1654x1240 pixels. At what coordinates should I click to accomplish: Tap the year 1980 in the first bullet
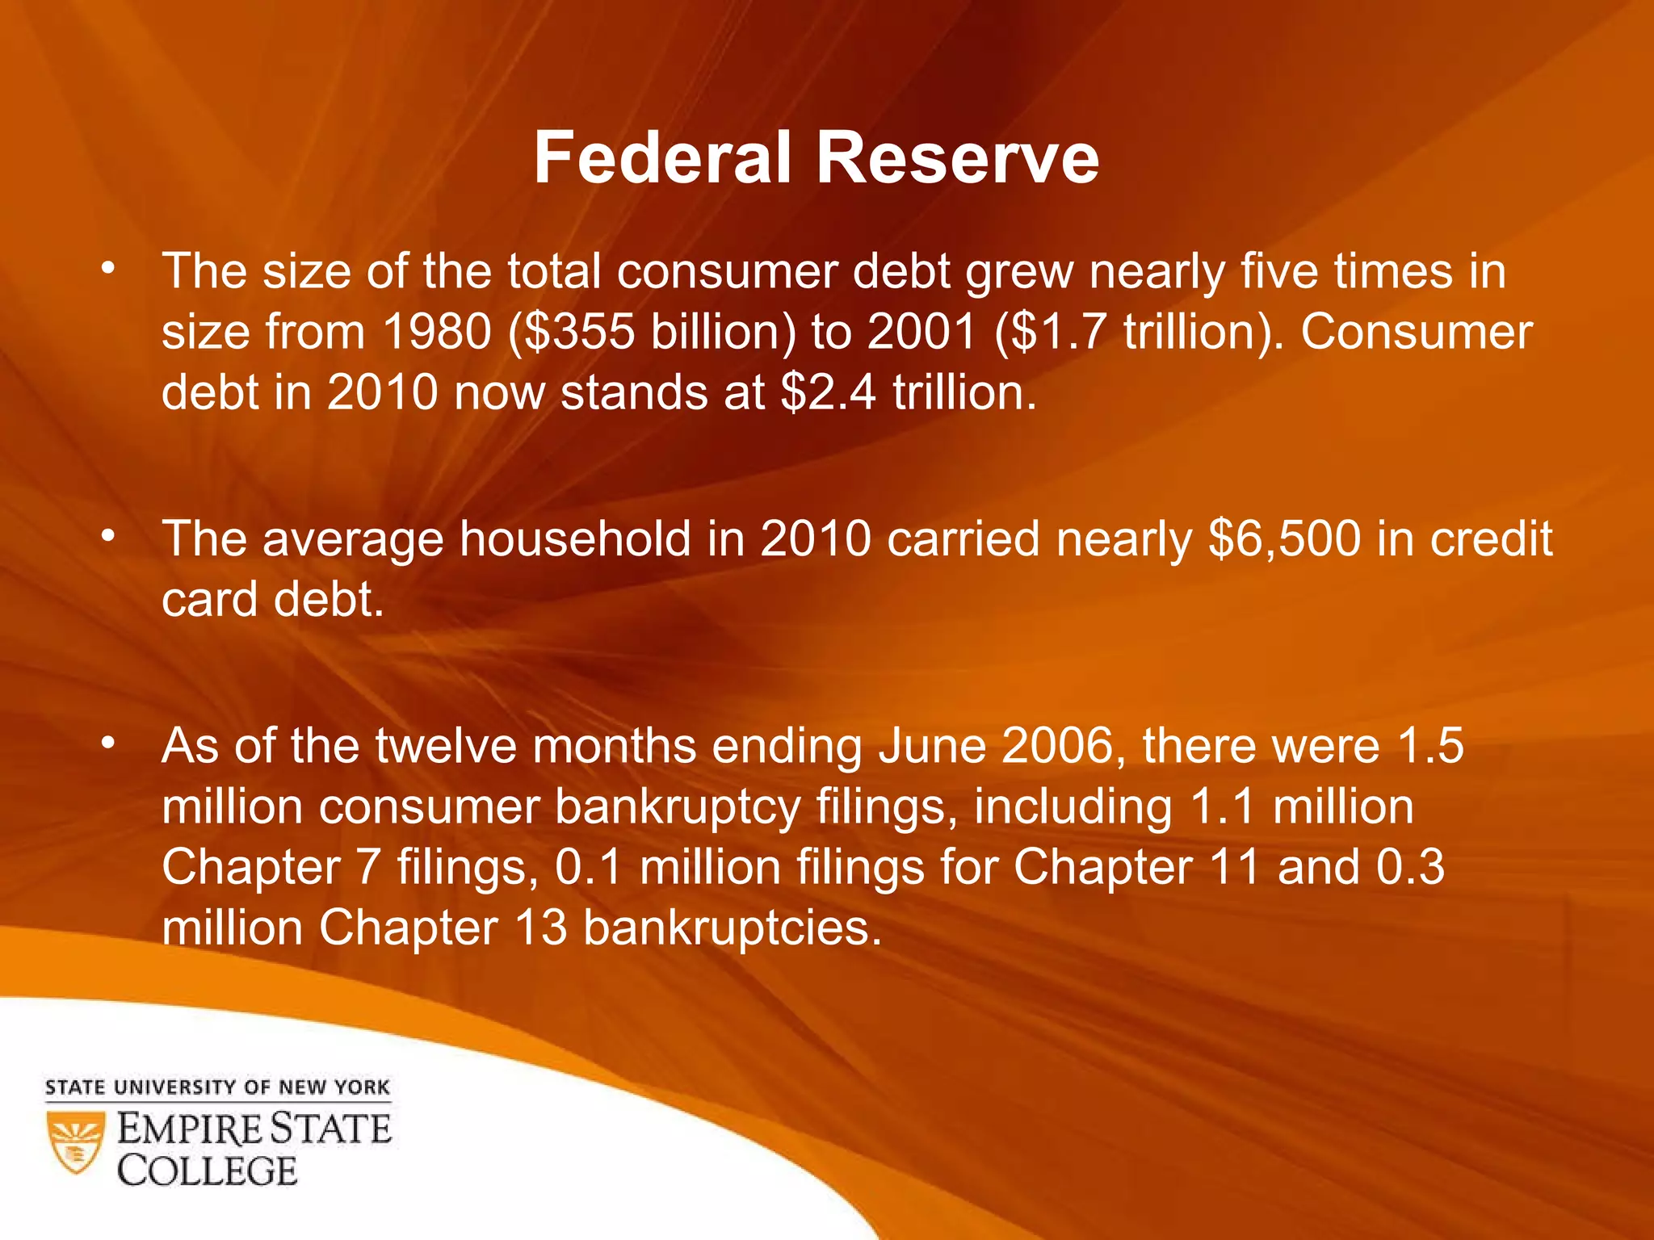(x=436, y=332)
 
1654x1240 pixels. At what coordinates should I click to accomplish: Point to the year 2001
(x=921, y=332)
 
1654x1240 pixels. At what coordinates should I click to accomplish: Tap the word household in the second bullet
(x=575, y=538)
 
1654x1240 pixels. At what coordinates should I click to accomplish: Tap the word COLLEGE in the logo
(x=208, y=1171)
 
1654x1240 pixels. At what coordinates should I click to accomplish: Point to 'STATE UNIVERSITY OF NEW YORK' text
(x=217, y=1087)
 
